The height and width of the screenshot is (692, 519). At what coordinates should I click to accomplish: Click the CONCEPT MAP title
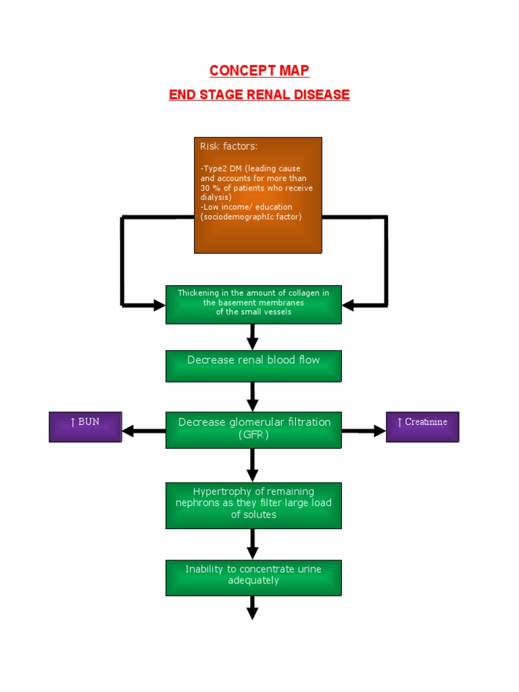click(259, 71)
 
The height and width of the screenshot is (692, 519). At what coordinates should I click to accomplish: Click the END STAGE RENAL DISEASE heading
click(259, 95)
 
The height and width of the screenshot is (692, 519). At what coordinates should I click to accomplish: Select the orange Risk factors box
click(257, 195)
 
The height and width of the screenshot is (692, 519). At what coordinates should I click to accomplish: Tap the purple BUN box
click(85, 427)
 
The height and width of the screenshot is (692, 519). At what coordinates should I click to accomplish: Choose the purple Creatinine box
click(422, 427)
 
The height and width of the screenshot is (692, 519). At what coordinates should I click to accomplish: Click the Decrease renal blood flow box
click(253, 366)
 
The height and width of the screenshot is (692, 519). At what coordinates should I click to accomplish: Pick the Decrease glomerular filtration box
click(253, 430)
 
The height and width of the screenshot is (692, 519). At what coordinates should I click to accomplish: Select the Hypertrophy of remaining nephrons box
click(253, 505)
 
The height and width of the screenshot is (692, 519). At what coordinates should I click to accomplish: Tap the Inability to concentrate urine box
click(253, 577)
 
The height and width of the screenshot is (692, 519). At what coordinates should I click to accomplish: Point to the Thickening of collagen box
click(253, 304)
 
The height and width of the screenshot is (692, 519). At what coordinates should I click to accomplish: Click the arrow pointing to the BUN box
click(143, 430)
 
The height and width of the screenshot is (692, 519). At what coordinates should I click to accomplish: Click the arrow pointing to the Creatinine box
click(364, 430)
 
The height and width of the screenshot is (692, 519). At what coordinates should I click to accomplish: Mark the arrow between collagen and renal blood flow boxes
click(253, 337)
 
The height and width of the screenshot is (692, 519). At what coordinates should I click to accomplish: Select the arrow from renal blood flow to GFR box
click(253, 397)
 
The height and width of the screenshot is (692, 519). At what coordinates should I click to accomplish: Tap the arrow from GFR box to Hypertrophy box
click(253, 465)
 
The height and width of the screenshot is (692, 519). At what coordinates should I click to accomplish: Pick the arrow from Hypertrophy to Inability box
click(253, 544)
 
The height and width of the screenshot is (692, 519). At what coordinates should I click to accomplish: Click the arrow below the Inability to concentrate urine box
click(253, 608)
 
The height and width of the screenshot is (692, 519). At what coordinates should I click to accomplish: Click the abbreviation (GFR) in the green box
click(253, 435)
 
